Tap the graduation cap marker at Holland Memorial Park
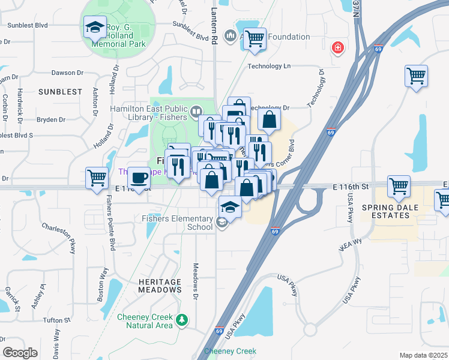(95, 28)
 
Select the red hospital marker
(338, 47)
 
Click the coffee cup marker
(140, 178)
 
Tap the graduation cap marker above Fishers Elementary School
(230, 207)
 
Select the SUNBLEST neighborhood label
(60, 92)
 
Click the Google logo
(20, 352)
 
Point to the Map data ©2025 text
(423, 355)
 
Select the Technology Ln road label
(269, 66)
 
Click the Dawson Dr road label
(67, 73)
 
